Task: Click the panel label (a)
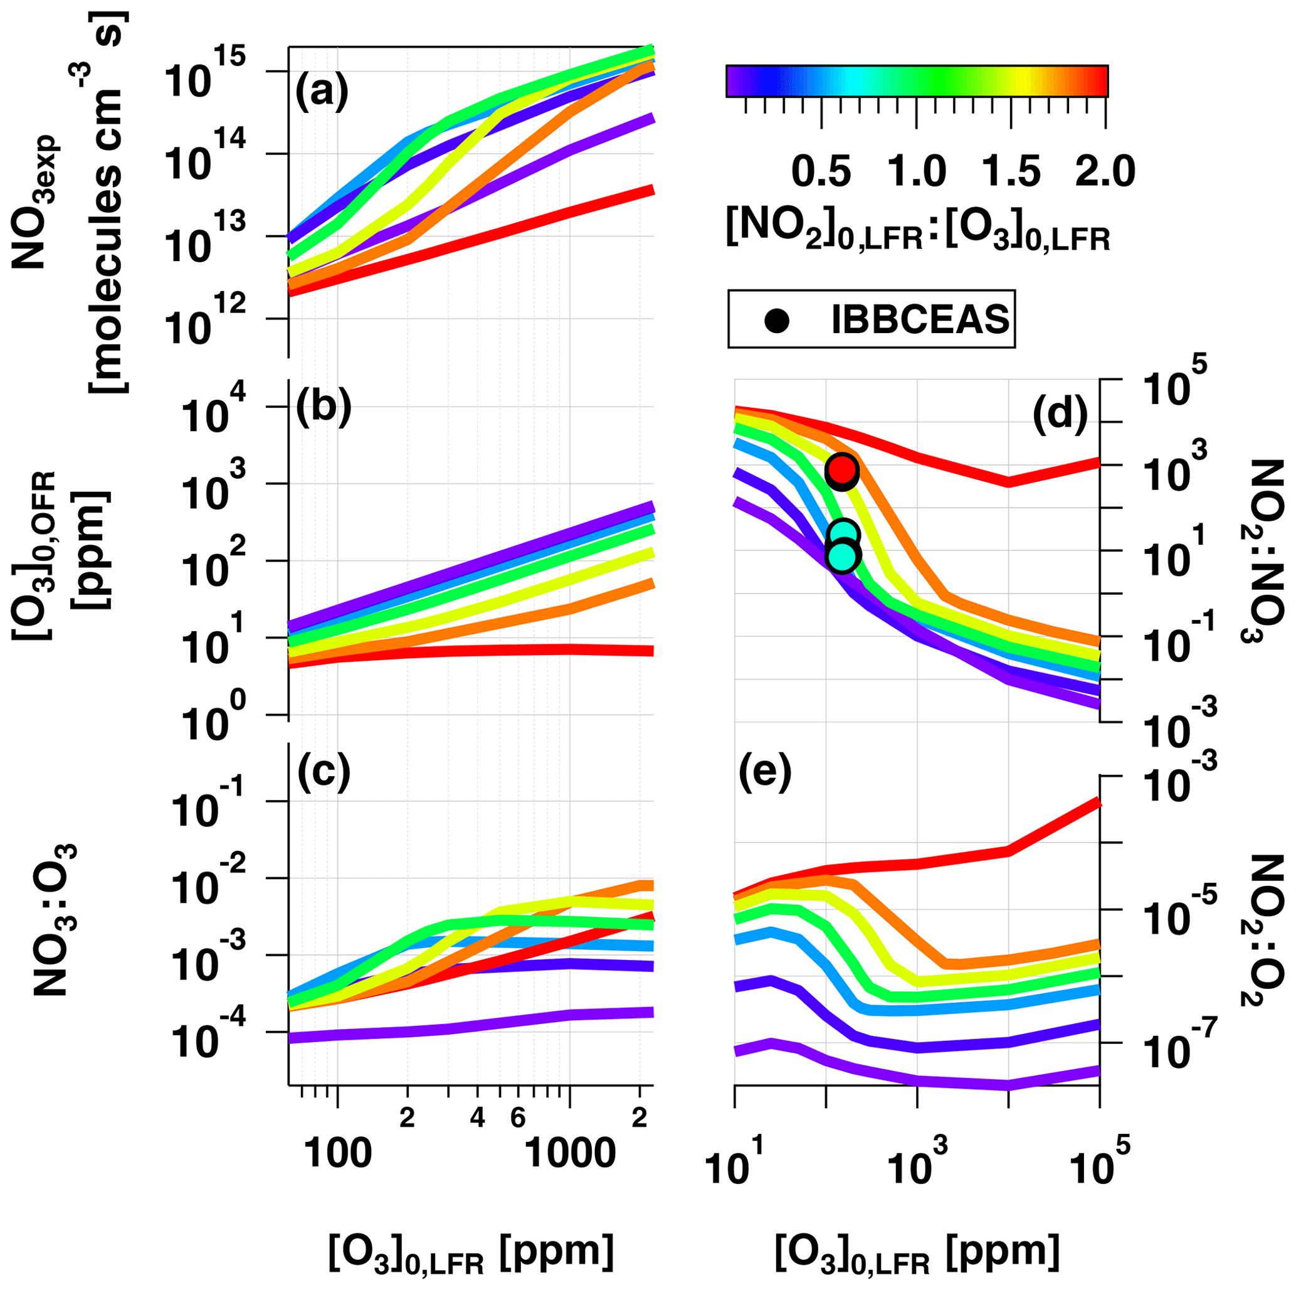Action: [x=322, y=90]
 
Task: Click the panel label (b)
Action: [x=324, y=407]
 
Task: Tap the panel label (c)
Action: [x=324, y=773]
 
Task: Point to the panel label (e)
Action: [x=766, y=773]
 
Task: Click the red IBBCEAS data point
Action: [x=842, y=469]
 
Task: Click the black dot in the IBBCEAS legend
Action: [x=777, y=319]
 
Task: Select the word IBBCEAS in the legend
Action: [x=920, y=319]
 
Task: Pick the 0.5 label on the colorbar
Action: [x=822, y=171]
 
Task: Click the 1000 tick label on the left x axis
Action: [x=569, y=1153]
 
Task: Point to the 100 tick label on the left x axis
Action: [x=337, y=1153]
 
